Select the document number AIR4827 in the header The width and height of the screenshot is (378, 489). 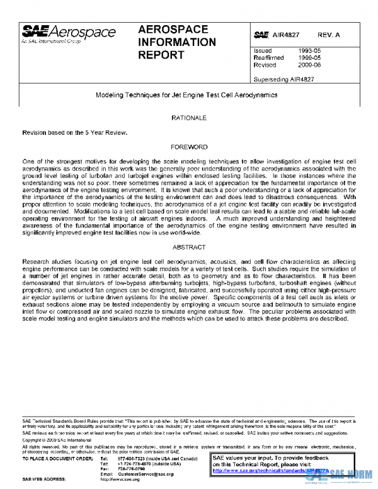(285, 37)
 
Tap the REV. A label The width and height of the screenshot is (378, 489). (330, 37)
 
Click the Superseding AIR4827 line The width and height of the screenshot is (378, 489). (283, 79)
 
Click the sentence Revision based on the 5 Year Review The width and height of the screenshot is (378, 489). (75, 132)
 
